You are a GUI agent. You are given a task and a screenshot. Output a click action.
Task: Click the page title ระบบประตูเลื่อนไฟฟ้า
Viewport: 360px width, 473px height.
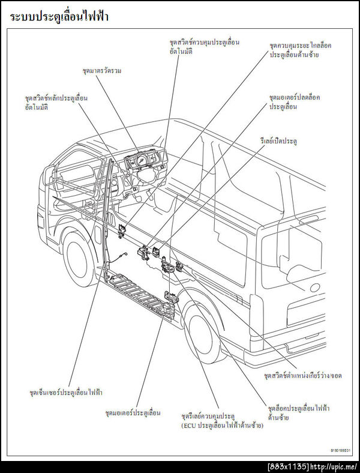[59, 17]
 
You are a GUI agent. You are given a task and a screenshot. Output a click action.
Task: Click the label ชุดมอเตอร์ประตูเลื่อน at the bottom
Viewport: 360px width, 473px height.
[133, 413]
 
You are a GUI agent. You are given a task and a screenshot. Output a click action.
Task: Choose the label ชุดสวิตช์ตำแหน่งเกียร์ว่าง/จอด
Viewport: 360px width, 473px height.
[302, 375]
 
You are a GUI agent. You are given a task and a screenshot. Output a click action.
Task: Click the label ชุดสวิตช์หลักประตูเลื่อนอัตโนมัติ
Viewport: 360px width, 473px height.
[56, 102]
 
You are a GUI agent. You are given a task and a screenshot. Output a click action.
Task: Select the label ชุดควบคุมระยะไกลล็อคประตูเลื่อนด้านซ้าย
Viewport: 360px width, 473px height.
[301, 50]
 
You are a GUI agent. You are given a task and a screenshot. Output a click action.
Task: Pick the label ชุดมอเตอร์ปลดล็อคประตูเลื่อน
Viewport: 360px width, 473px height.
[295, 101]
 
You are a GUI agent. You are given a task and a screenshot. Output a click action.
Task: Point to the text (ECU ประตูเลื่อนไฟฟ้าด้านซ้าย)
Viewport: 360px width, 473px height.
[223, 425]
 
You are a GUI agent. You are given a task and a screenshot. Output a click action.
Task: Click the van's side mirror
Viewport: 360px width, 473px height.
[49, 175]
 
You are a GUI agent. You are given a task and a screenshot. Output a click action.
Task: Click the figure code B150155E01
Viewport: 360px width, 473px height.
[340, 449]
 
